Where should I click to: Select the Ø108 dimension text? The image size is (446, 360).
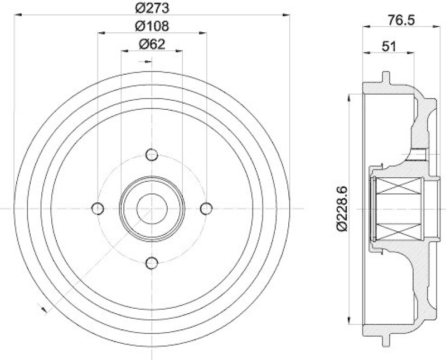[152, 26]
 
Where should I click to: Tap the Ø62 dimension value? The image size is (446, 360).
[152, 45]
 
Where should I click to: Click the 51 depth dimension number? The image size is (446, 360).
[388, 47]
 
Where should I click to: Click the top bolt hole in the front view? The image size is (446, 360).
[152, 154]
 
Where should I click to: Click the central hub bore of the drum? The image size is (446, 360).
[152, 208]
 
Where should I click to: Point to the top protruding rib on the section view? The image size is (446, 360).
[385, 76]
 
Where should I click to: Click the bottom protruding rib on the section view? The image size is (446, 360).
[385, 339]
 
